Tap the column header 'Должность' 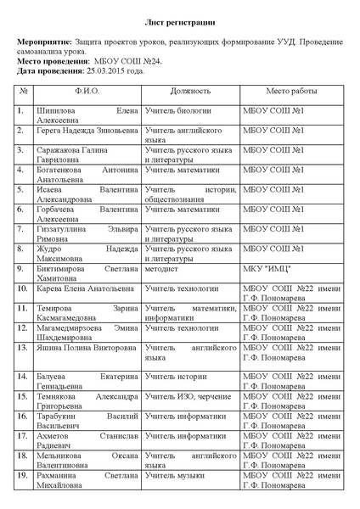coord(189,90)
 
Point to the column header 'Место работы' coord(291,90)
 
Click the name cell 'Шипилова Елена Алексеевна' coord(86,115)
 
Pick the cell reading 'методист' coord(162,268)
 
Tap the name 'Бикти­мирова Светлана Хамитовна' coord(86,273)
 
